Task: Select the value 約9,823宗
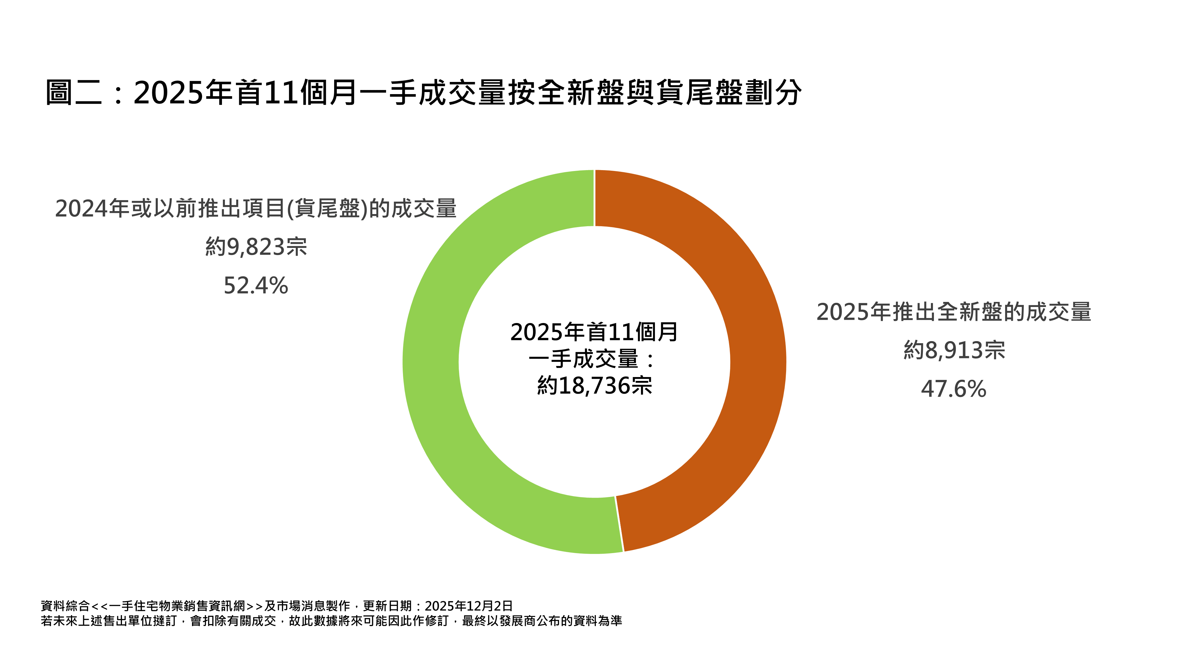click(256, 247)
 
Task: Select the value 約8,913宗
click(954, 350)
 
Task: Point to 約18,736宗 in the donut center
click(594, 385)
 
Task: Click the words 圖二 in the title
click(74, 93)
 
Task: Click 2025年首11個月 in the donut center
click(594, 332)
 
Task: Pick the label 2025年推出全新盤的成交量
click(954, 312)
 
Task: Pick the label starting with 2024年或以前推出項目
click(256, 208)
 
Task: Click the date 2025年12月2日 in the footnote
click(469, 606)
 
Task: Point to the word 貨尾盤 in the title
click(699, 93)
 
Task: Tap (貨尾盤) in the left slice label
click(327, 208)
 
